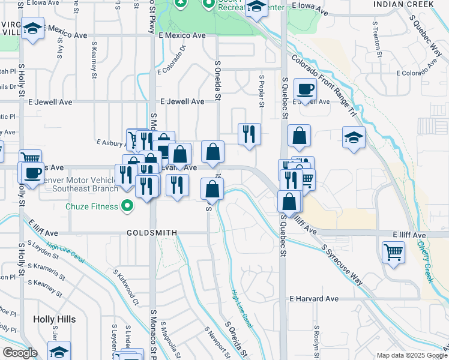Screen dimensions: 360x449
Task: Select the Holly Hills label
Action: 55,319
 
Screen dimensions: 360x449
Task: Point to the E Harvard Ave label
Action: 315,299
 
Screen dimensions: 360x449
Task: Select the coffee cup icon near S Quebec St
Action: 306,89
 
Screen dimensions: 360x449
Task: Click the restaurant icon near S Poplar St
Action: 249,134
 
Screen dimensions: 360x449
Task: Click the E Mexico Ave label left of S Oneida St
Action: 182,35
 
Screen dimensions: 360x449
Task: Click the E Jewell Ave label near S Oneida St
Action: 182,102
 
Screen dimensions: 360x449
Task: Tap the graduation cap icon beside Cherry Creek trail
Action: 354,137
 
